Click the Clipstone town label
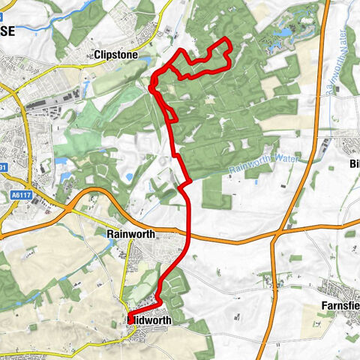click(115, 55)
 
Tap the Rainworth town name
click(131, 234)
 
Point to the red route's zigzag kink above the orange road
click(184, 184)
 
